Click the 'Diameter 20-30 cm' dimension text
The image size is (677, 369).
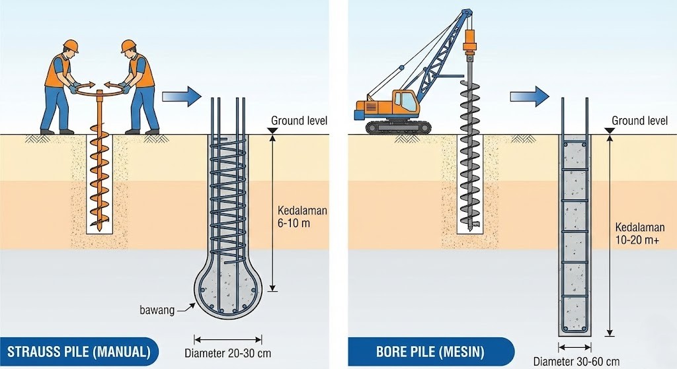click(227, 352)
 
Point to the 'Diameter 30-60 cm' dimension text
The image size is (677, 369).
click(577, 361)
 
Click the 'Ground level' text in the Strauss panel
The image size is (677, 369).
click(299, 121)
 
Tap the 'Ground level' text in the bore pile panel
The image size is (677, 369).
click(639, 121)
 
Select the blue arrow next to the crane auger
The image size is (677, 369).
click(529, 96)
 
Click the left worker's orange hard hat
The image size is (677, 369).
click(70, 46)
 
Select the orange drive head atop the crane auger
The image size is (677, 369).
click(471, 41)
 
